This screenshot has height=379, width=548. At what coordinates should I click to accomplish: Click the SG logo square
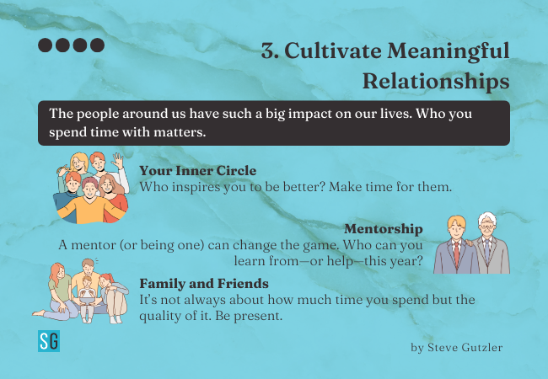pos(49,341)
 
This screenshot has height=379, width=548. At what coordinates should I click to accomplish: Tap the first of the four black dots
pos(45,45)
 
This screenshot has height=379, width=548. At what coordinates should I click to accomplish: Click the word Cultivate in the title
pos(333,51)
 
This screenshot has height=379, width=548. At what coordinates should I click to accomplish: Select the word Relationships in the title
pos(436,82)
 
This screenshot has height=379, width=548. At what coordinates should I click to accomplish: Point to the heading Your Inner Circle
pos(198,171)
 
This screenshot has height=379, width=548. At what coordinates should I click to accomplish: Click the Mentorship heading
pos(384,229)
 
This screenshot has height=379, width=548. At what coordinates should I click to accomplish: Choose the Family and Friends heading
pos(204,283)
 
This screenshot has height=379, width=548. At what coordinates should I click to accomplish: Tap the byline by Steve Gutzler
pos(457,348)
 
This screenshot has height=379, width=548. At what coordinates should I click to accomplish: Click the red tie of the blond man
pos(456,254)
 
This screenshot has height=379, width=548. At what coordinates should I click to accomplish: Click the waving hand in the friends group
pos(119,161)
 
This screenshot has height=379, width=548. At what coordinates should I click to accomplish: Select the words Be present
pos(249,316)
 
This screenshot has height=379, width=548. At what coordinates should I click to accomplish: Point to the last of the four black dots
pos(98,45)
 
